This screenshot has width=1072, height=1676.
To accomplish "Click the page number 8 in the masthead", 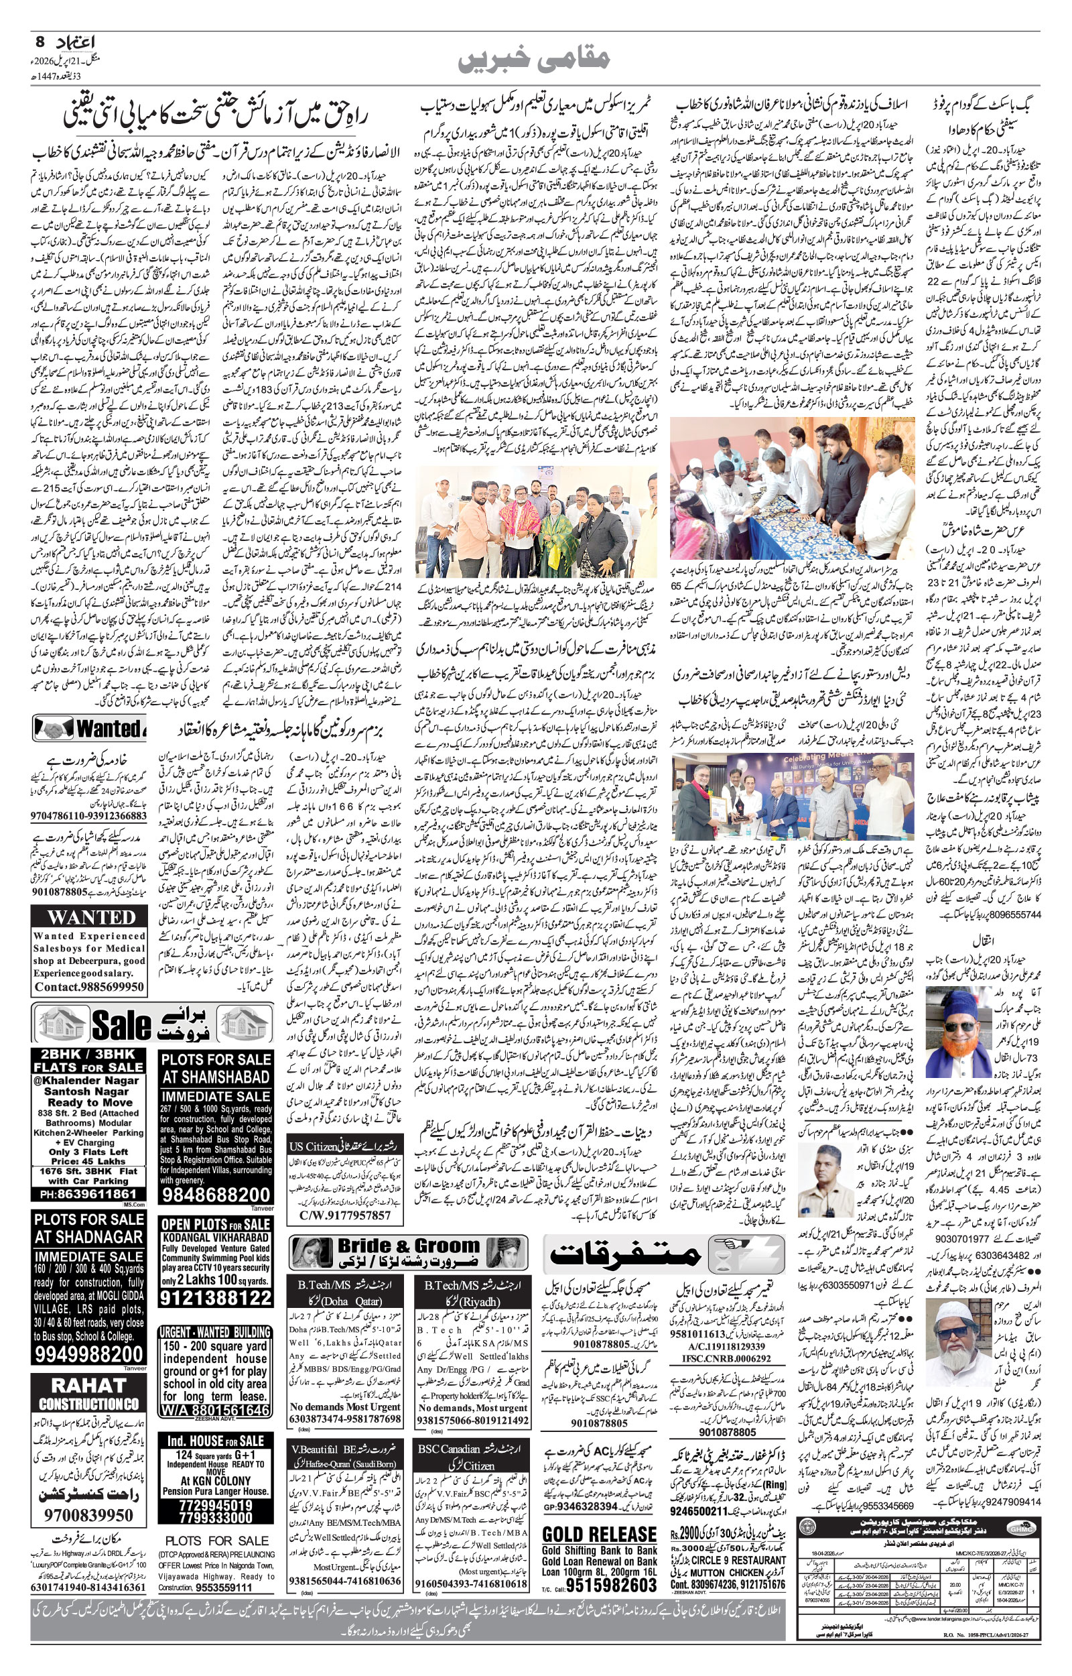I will [39, 42].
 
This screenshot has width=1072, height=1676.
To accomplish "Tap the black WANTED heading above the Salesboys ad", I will [92, 917].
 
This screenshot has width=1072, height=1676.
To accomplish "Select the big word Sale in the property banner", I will [122, 1025].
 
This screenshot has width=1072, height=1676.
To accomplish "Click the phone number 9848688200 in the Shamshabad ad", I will [216, 1195].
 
